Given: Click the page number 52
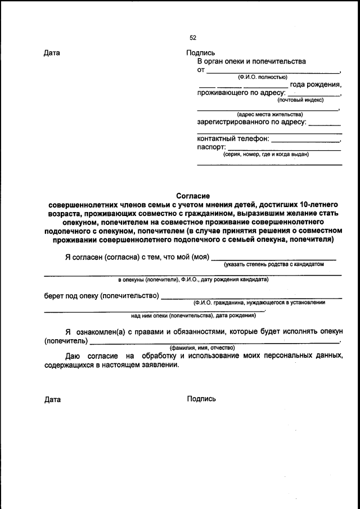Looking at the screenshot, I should pos(192,38).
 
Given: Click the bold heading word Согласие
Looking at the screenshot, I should pos(193,196).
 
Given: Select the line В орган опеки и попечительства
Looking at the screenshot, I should pos(251,61).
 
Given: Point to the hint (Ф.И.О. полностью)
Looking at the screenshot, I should pos(262,76).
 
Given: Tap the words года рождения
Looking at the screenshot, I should pos(316,84).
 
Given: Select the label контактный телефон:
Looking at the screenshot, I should pos(233,138).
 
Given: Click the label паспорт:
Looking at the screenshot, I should pos(211,147).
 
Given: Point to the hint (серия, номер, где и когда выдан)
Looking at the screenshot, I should pos(265,154).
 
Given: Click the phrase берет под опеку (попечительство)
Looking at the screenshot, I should pos(101,295).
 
